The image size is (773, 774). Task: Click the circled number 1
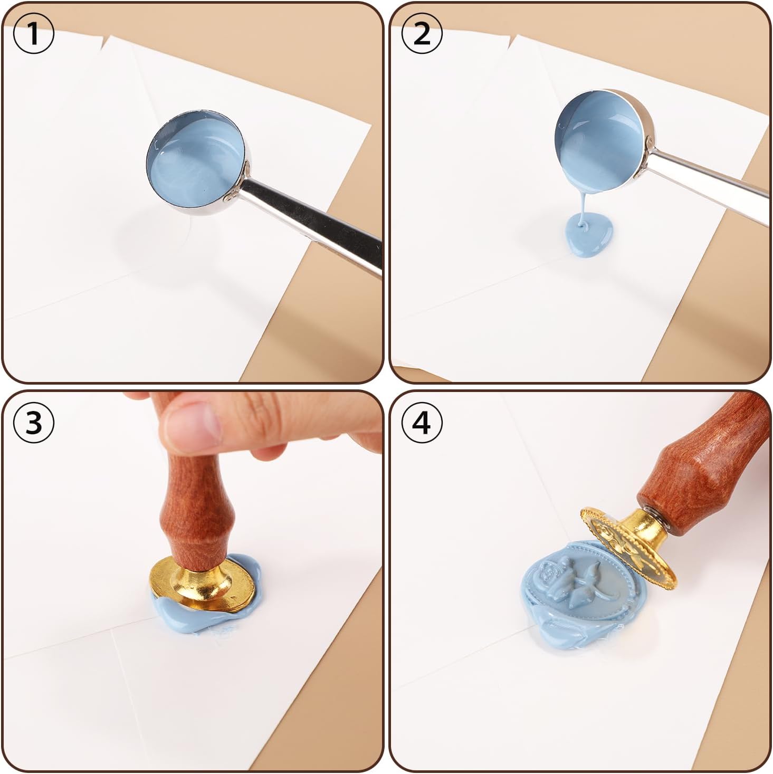coord(33,34)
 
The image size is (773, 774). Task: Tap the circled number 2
coord(422,34)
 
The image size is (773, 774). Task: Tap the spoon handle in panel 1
coord(317,222)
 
